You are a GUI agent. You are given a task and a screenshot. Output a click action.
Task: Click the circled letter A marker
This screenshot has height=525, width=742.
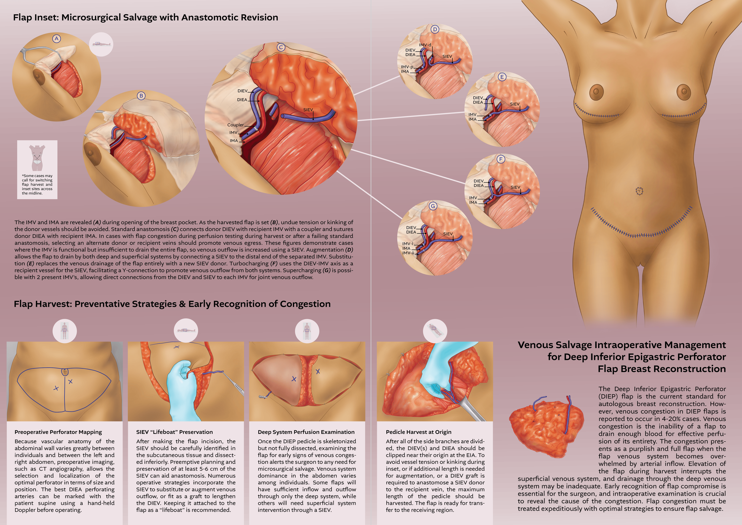[x=57, y=39]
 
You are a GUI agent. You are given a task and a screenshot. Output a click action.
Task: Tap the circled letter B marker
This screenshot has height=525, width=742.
[x=141, y=96]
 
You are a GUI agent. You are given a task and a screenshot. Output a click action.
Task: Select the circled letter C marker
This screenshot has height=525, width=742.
[x=281, y=48]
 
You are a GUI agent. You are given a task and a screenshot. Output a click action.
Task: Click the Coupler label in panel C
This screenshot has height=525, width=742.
[x=235, y=125]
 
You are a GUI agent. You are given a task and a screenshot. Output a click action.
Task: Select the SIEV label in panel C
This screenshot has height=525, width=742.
[x=308, y=110]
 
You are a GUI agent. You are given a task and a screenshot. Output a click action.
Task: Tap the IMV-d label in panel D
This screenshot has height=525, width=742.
[x=425, y=45]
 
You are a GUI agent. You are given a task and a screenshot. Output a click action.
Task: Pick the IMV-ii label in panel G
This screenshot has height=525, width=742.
[x=408, y=253]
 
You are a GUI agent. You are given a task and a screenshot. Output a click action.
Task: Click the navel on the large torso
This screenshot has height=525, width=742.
[x=639, y=191]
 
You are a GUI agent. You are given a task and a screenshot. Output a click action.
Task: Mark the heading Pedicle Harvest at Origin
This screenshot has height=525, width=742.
[x=418, y=432]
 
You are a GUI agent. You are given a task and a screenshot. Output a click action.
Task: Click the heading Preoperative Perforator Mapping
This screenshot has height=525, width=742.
[x=58, y=432]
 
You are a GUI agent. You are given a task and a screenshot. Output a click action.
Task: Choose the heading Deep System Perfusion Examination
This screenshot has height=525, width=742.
[x=306, y=432]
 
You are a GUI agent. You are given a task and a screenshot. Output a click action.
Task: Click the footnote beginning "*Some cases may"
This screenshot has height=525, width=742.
[x=37, y=184]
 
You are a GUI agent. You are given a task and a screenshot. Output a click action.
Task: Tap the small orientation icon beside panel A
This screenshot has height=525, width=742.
[x=101, y=44]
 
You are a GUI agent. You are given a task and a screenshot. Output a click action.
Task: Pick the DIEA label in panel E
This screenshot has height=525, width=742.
[x=478, y=102]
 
